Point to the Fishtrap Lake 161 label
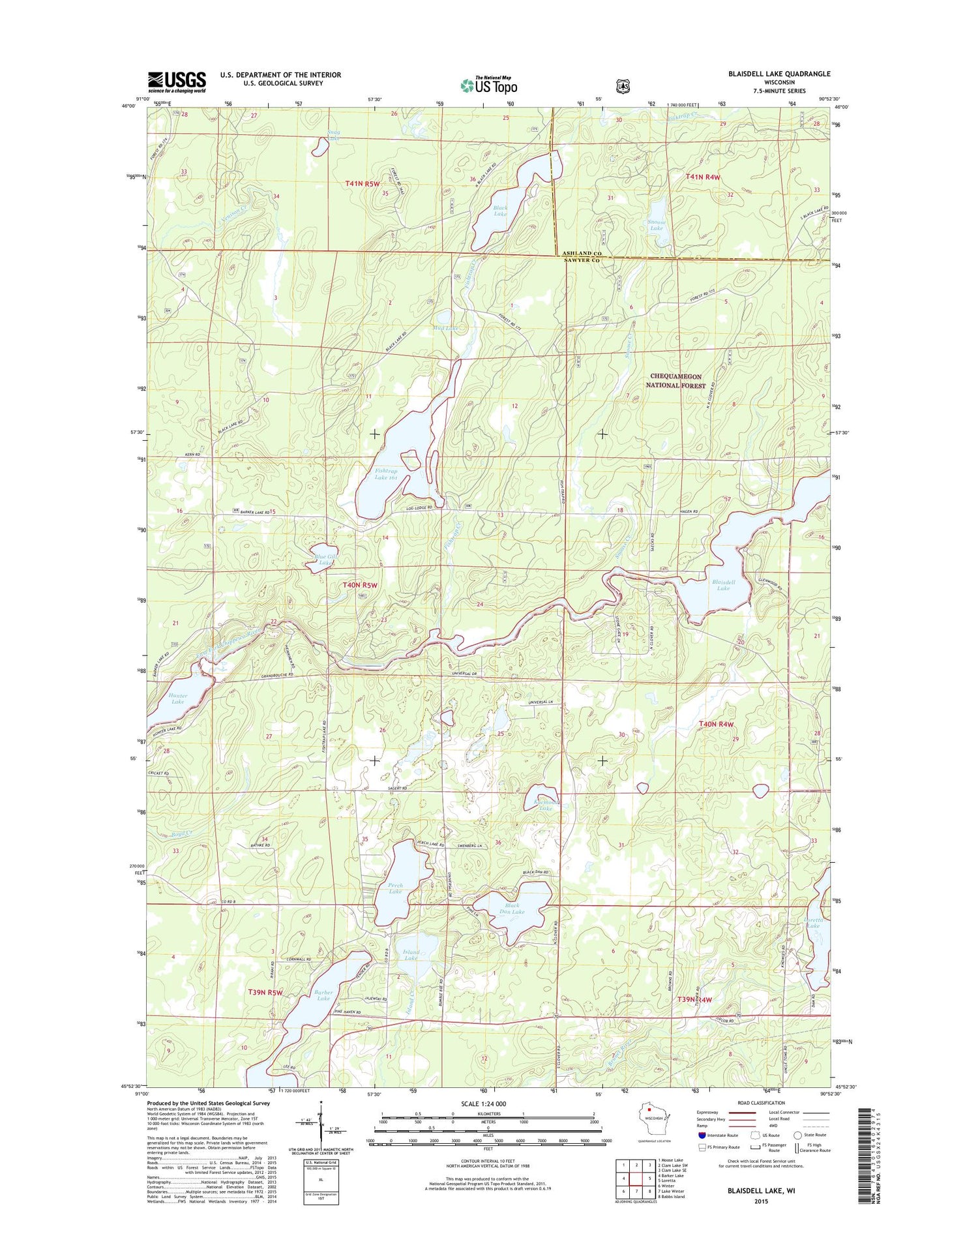[x=386, y=473]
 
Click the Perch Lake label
[x=395, y=888]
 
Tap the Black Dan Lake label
[x=512, y=908]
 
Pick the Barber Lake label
[x=323, y=995]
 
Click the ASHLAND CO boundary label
[x=577, y=253]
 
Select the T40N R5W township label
[x=360, y=585]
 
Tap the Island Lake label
[x=411, y=955]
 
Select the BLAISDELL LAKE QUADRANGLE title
[x=779, y=74]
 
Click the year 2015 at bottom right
[x=760, y=1201]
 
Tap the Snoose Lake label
[x=657, y=224]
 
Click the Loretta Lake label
[x=814, y=922]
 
